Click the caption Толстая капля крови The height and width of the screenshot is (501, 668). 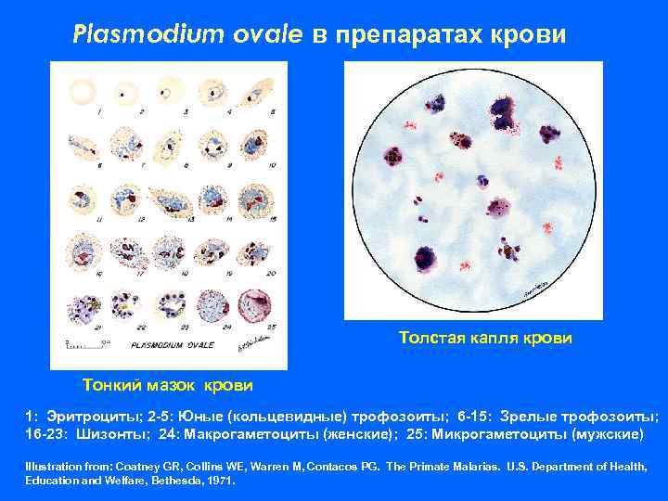(x=486, y=338)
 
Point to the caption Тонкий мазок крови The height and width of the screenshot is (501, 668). (x=167, y=383)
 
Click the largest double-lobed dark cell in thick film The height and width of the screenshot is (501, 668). (x=506, y=117)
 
